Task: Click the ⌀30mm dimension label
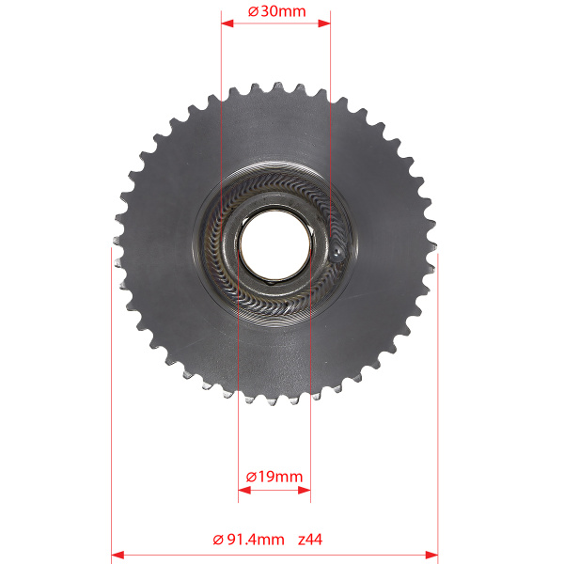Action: [x=276, y=11]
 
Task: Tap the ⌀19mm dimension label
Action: [x=274, y=477]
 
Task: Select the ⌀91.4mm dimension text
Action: [x=248, y=540]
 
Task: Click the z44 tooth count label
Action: [x=310, y=540]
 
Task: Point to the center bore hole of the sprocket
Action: [x=275, y=243]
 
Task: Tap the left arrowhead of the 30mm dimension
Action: [x=227, y=23]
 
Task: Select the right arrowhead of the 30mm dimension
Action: [x=324, y=23]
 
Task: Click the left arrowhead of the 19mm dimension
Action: [x=244, y=490]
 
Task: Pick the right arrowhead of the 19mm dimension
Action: [x=305, y=490]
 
